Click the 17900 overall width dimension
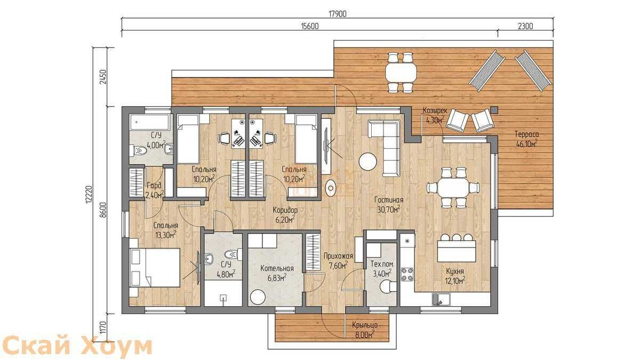(338, 14)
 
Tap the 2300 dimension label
(525, 26)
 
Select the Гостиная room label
(389, 201)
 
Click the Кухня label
(455, 271)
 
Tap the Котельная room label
(277, 269)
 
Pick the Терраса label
(526, 134)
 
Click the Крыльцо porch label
(365, 325)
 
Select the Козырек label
(435, 111)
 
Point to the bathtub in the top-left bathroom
(150, 122)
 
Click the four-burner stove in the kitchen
(407, 274)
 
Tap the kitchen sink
(441, 299)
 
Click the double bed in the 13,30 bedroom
(155, 267)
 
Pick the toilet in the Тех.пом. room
(388, 286)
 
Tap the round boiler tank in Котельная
(258, 298)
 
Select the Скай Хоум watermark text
(78, 347)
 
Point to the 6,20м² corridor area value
(285, 219)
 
